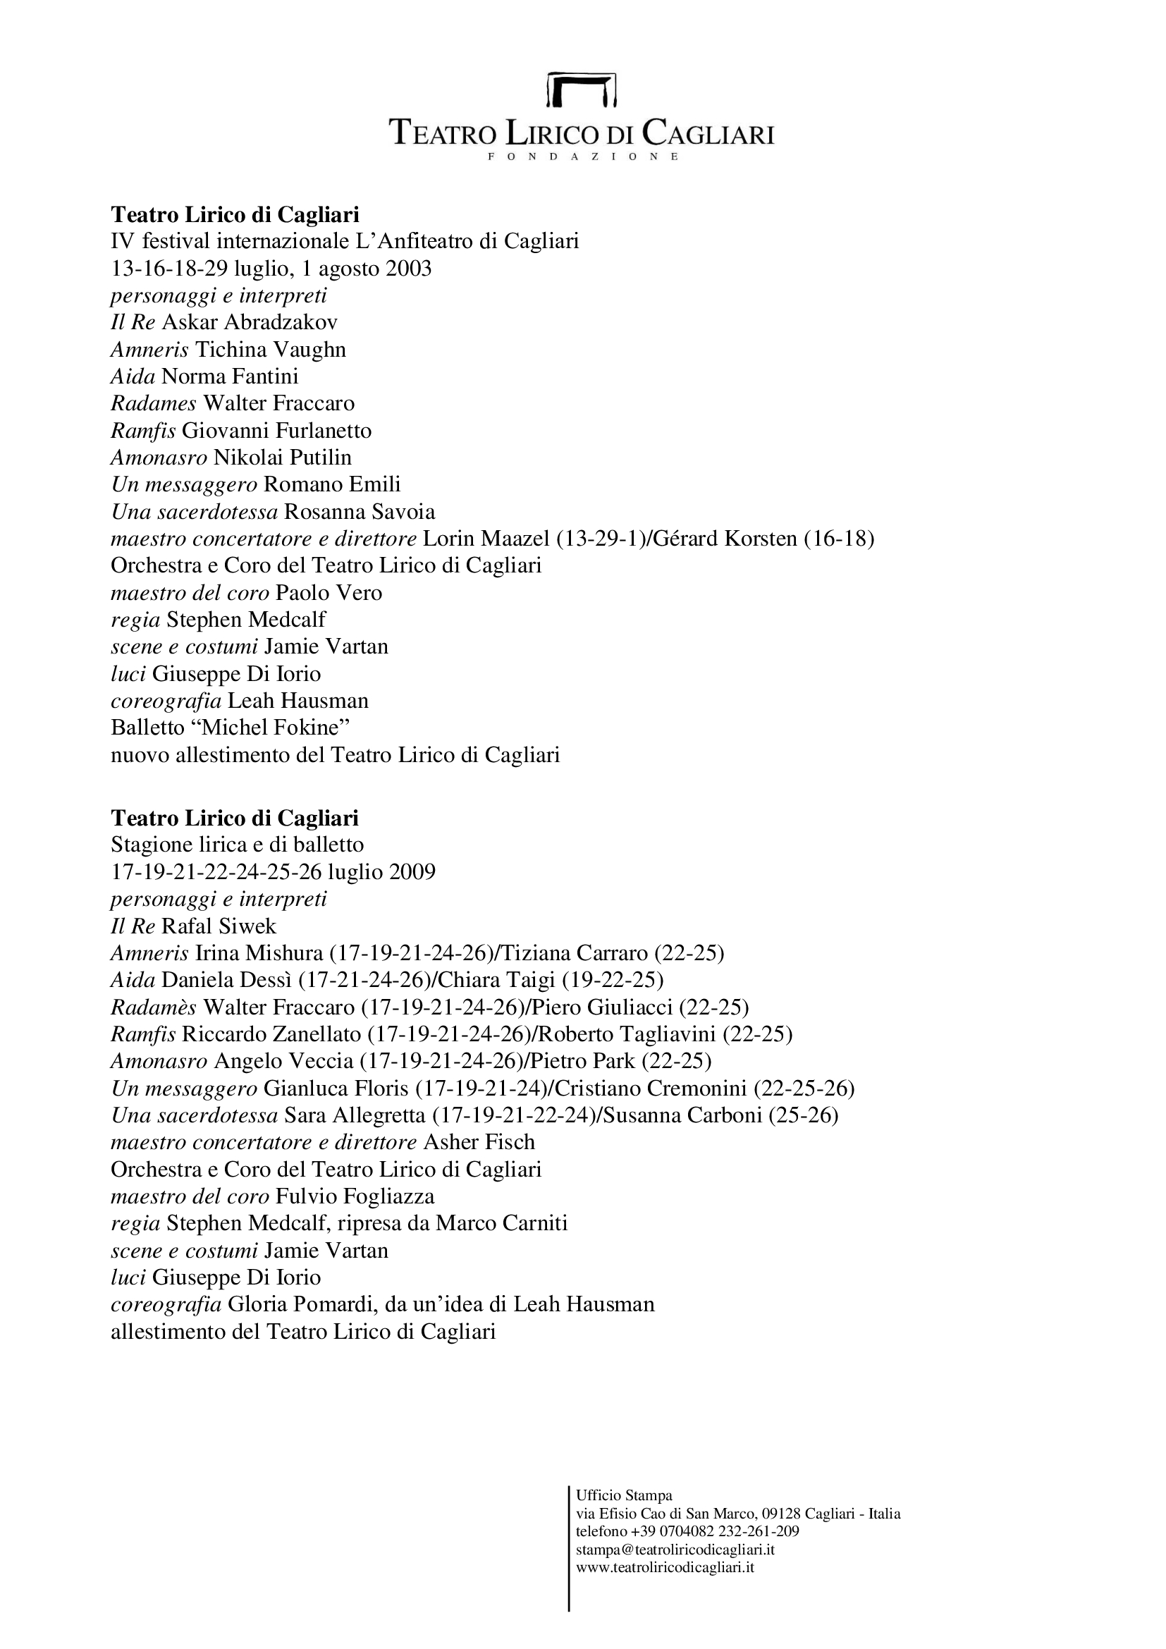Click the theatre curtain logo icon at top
pyautogui.click(x=582, y=89)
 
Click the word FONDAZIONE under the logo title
pyautogui.click(x=582, y=157)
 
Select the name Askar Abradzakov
pyautogui.click(x=250, y=322)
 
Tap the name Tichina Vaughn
pyautogui.click(x=271, y=350)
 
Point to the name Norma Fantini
pyautogui.click(x=230, y=376)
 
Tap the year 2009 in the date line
pyautogui.click(x=412, y=872)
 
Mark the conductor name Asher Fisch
pyautogui.click(x=479, y=1142)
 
